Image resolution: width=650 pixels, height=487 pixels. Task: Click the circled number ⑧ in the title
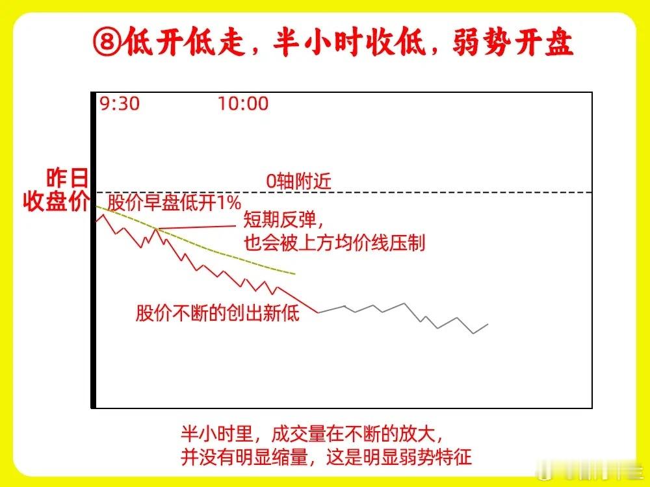107,42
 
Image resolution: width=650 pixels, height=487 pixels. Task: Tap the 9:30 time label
120,103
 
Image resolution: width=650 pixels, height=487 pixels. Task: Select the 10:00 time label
243,103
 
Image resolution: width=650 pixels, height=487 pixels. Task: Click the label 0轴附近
298,181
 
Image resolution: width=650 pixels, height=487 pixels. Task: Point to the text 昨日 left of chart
67,178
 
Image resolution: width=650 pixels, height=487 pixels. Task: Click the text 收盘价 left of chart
55,202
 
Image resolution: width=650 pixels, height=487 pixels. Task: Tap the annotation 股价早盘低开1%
174,203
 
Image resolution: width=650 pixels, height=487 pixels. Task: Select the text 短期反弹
279,219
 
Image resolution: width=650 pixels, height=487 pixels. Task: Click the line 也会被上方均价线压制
335,243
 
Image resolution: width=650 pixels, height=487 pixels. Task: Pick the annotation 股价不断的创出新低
218,313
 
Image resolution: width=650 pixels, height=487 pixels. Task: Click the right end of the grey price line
488,324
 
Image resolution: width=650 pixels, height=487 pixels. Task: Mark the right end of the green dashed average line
294,274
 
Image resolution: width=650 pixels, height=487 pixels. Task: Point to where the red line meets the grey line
318,312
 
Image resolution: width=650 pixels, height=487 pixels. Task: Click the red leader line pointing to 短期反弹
197,227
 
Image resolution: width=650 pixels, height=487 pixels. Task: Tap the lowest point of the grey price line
473,333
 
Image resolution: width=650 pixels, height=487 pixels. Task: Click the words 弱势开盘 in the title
513,42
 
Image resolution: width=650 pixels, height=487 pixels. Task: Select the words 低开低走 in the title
185,42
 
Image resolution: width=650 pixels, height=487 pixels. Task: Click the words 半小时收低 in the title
350,42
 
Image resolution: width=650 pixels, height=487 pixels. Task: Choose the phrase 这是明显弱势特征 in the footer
399,457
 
